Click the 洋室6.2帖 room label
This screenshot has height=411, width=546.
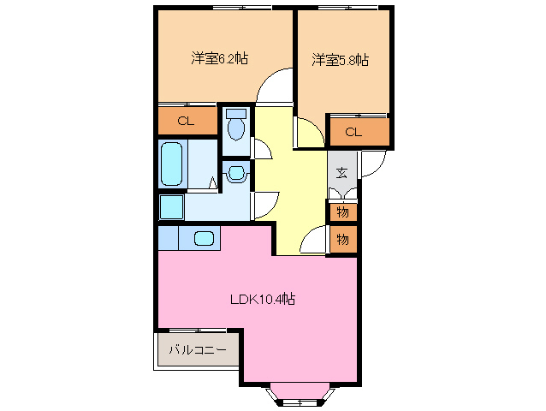(x=220, y=59)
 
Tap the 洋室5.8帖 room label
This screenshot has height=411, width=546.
(x=341, y=60)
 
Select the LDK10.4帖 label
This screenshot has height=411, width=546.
(x=263, y=300)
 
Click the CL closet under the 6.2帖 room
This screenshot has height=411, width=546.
(x=187, y=121)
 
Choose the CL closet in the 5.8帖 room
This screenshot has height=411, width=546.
(x=354, y=131)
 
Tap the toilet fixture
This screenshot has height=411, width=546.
(x=236, y=127)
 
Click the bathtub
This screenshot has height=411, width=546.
(x=172, y=164)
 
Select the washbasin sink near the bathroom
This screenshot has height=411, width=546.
(x=236, y=174)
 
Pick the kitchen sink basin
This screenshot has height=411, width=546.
(x=204, y=238)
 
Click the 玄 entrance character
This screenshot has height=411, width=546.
(x=341, y=173)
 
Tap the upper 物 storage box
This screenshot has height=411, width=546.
(x=342, y=211)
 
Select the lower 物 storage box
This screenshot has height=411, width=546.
(x=342, y=239)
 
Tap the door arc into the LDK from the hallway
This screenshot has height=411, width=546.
(x=315, y=239)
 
